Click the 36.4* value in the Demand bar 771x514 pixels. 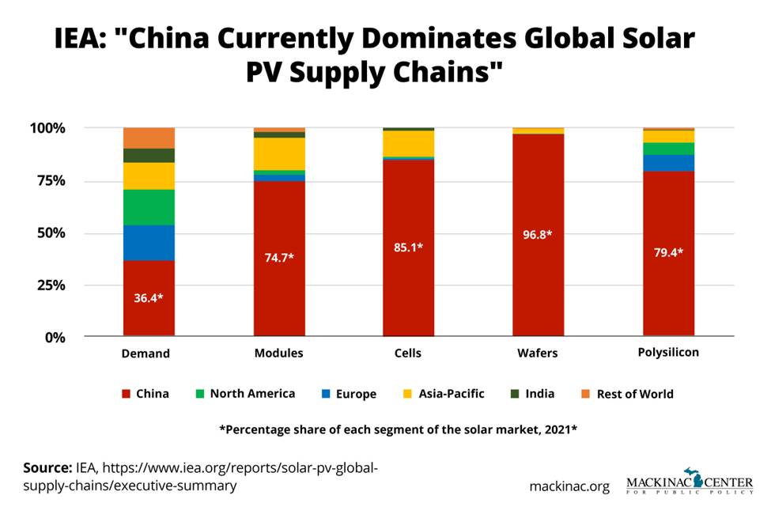[x=149, y=299]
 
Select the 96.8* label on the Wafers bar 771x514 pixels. [x=539, y=235]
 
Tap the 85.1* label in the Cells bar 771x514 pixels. [x=408, y=247]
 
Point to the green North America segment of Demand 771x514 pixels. [x=149, y=207]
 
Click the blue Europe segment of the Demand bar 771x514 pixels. [x=149, y=243]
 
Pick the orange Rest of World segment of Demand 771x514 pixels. [x=149, y=138]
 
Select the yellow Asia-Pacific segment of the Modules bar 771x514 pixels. [x=278, y=153]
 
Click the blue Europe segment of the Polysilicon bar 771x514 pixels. [x=668, y=162]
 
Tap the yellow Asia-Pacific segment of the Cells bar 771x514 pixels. [x=408, y=143]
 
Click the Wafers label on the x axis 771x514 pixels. [x=538, y=353]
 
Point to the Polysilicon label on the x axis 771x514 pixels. [x=668, y=352]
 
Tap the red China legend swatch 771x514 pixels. [x=125, y=393]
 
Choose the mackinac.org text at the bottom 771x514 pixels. [x=569, y=486]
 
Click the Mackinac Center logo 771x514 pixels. [x=689, y=482]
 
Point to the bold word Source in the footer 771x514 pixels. [x=47, y=468]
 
